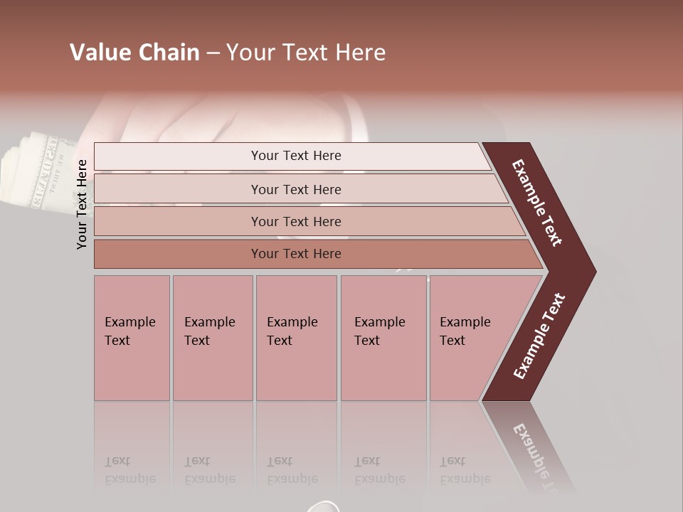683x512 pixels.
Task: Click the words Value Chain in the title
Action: click(134, 53)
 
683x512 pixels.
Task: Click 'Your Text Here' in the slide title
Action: click(306, 53)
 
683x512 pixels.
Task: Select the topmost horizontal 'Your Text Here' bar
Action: click(296, 156)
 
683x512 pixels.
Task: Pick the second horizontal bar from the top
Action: click(296, 189)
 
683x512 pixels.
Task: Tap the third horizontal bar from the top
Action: click(296, 221)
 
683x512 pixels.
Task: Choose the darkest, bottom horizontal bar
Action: click(296, 254)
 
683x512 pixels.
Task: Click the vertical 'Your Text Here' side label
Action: click(82, 204)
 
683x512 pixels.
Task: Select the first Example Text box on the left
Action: click(132, 338)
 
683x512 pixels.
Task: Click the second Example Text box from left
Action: click(212, 338)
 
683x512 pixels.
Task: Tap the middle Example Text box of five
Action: click(296, 338)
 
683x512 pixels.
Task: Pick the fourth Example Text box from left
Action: click(383, 338)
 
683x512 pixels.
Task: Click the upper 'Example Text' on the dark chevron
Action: click(538, 203)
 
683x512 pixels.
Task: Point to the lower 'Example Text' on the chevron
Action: click(539, 336)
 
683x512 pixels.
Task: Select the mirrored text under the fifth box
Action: click(465, 470)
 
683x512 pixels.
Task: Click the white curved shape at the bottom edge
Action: click(326, 506)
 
